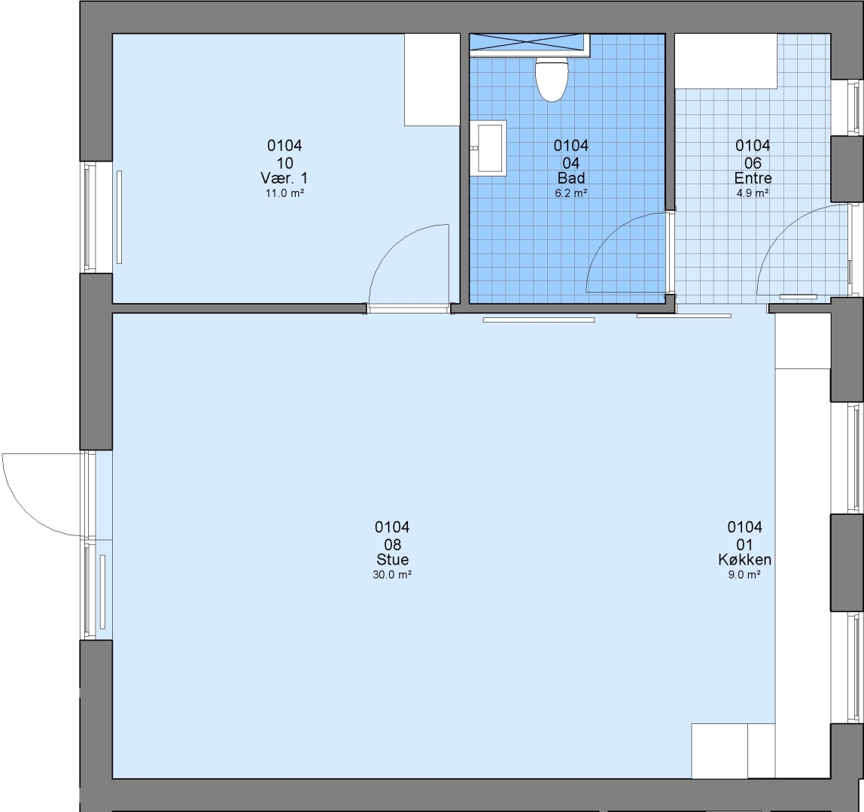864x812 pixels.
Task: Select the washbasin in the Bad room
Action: pyautogui.click(x=488, y=148)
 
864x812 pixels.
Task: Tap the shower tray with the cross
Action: pyautogui.click(x=529, y=44)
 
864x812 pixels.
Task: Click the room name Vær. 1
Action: pyautogui.click(x=284, y=178)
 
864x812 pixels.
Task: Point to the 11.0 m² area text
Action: pyautogui.click(x=285, y=193)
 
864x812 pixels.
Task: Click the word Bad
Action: pyautogui.click(x=570, y=178)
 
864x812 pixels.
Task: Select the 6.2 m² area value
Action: pyautogui.click(x=570, y=193)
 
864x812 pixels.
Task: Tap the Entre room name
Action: pyautogui.click(x=753, y=178)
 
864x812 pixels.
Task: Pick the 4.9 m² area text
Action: pyautogui.click(x=753, y=193)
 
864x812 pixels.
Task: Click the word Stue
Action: pyautogui.click(x=392, y=559)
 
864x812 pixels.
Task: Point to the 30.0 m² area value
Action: pyautogui.click(x=392, y=574)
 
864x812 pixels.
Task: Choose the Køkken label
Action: pyautogui.click(x=744, y=559)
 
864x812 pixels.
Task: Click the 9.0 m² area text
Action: pyautogui.click(x=744, y=574)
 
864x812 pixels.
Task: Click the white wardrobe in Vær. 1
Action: pyautogui.click(x=432, y=80)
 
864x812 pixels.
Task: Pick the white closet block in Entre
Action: pyautogui.click(x=726, y=61)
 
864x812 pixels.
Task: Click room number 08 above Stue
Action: pyautogui.click(x=392, y=544)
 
